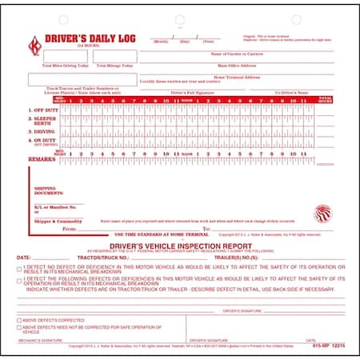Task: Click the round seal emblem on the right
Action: coord(323,214)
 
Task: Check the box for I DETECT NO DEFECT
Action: coord(19,270)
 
